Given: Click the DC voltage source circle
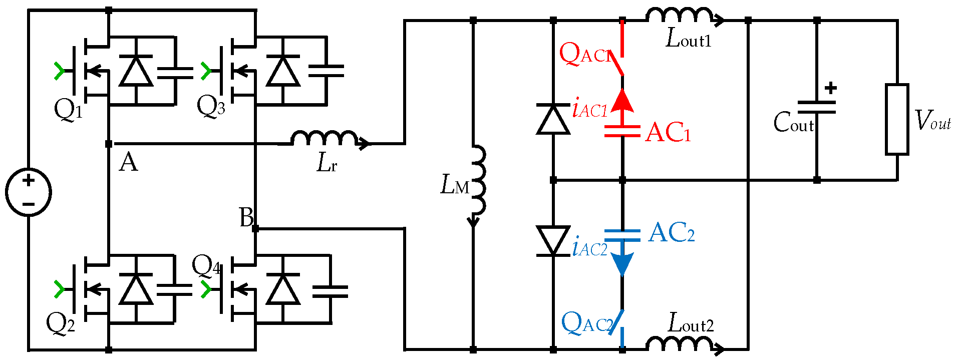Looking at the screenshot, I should [29, 192].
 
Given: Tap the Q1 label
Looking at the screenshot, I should [68, 109].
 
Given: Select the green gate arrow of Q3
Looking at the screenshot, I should [206, 71].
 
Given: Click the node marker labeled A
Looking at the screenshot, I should [109, 144].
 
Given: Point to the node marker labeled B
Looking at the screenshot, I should [255, 229].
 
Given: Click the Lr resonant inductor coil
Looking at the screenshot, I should [325, 139].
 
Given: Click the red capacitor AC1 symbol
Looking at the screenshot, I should [622, 131].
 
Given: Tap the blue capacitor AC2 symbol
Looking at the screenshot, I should [622, 235].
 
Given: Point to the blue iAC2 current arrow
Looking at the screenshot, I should [622, 263].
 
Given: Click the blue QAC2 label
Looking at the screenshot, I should [586, 323].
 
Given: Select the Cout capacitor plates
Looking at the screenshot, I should [816, 107].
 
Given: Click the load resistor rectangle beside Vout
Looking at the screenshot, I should [896, 119].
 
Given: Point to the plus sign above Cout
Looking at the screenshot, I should [831, 88].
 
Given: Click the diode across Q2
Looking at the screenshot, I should [136, 290].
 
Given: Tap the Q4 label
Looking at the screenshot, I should [206, 265].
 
